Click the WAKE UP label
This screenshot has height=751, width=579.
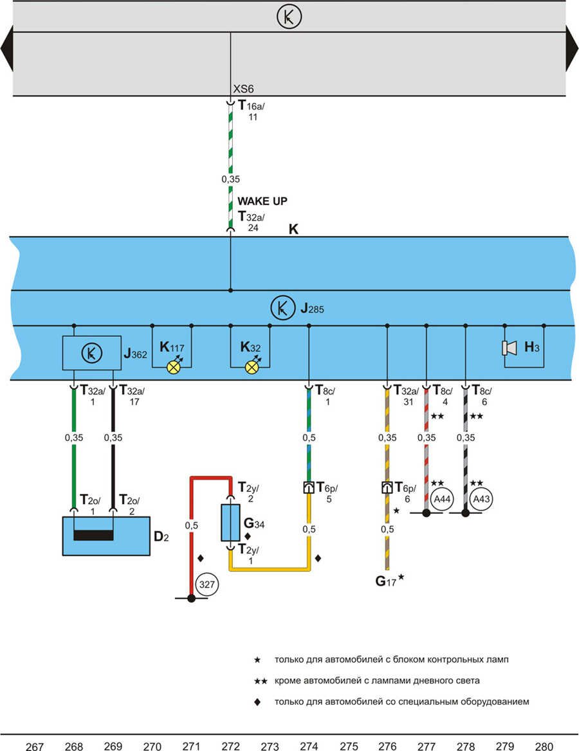[x=262, y=201]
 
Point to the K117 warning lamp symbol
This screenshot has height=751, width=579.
[x=173, y=367]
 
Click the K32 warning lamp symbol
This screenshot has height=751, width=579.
[x=252, y=367]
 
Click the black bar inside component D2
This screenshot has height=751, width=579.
[x=93, y=536]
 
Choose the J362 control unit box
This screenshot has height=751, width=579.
[x=92, y=352]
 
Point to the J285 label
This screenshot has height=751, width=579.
[x=312, y=309]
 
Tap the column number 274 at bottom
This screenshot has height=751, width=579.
[x=309, y=746]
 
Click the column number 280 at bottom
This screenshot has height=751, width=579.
[x=544, y=746]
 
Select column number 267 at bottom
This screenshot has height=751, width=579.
[x=35, y=746]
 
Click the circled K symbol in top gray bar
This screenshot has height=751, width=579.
[x=289, y=17]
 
